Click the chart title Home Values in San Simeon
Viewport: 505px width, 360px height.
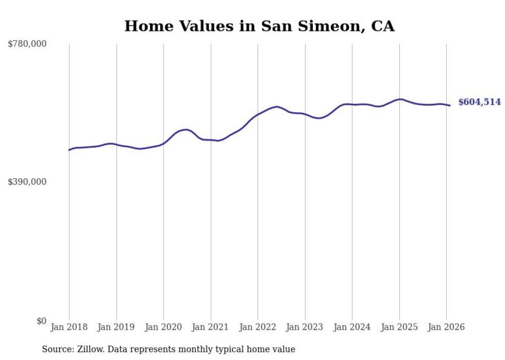[259, 26]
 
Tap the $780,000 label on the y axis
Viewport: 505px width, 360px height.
[27, 44]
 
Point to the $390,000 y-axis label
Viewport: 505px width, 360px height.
[27, 182]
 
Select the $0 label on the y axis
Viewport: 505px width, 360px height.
[41, 321]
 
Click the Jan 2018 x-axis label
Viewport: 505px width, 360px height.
[69, 327]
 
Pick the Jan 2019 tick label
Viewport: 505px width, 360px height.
[116, 327]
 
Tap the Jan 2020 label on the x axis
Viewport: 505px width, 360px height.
[163, 327]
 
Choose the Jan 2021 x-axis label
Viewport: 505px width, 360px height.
[211, 327]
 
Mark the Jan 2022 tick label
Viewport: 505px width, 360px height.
[258, 327]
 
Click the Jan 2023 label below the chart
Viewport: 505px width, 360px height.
[305, 327]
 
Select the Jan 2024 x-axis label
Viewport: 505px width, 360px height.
[352, 327]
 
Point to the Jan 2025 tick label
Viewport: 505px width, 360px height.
[399, 327]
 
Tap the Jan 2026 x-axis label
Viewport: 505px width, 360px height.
[446, 327]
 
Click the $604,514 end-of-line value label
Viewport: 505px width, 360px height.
[479, 102]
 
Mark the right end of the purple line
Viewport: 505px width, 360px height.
[450, 106]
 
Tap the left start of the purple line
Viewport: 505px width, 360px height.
[69, 150]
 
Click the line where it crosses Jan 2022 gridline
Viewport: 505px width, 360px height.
[258, 114]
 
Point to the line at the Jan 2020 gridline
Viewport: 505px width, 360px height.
[163, 143]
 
